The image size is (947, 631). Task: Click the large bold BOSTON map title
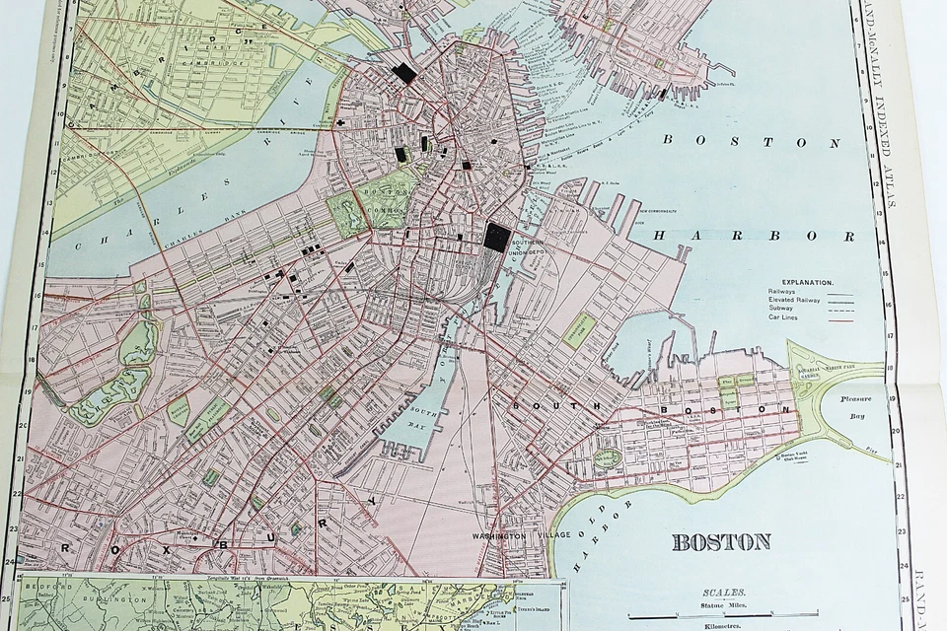(721, 541)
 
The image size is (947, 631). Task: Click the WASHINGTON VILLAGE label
(512, 535)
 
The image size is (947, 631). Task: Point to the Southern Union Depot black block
(497, 238)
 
